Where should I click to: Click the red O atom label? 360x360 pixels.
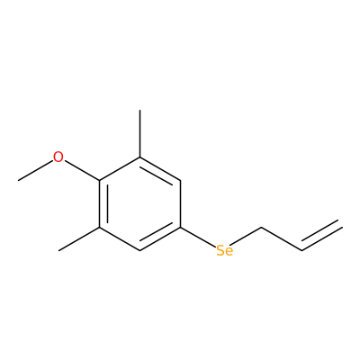pos(58,157)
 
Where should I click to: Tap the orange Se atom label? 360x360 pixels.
pos(224,250)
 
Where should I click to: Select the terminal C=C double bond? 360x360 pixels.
pos(321,237)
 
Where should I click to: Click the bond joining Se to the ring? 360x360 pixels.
pos(198,238)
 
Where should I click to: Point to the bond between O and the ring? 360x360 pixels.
pos(82,170)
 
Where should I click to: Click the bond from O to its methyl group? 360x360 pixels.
pos(36,170)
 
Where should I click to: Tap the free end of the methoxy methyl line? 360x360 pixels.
pos(18,180)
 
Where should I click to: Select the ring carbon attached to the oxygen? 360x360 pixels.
pos(100,180)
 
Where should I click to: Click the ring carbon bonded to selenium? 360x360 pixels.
pos(180,227)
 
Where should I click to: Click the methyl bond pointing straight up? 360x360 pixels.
pos(139,133)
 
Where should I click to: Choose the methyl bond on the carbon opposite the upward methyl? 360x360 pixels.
pos(79,238)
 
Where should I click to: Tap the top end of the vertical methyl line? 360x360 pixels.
pos(139,111)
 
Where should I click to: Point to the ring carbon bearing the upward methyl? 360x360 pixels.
pos(139,157)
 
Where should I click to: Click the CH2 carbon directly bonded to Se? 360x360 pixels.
pos(261,227)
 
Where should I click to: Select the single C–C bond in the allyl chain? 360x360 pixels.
pos(282,238)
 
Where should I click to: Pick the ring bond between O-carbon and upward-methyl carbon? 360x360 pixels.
pos(120,168)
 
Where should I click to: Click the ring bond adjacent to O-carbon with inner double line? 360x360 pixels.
pos(100,203)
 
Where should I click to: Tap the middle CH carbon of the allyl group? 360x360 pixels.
pos(301,250)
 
